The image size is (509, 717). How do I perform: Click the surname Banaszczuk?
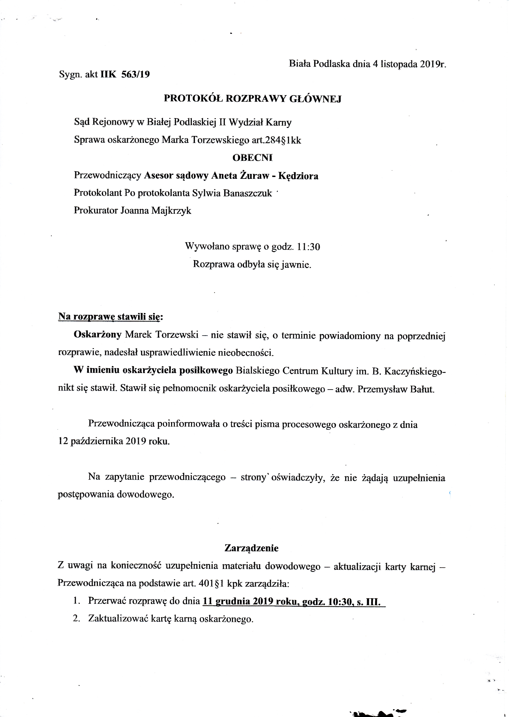248,193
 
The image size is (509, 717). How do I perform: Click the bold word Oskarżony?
98,335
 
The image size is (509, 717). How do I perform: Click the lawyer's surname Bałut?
423,389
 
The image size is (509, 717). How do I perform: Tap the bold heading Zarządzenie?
251,548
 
